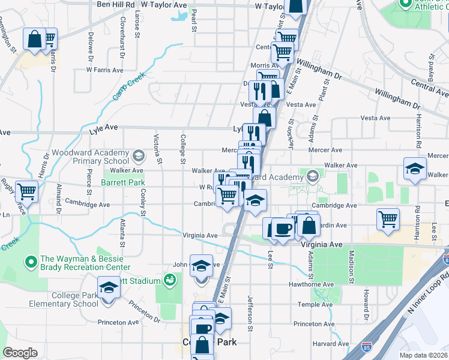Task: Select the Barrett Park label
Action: pos(123,182)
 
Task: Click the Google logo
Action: pos(20,352)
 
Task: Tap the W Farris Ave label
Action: pos(104,70)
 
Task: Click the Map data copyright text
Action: pos(423,355)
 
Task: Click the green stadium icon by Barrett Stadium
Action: pos(170,280)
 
